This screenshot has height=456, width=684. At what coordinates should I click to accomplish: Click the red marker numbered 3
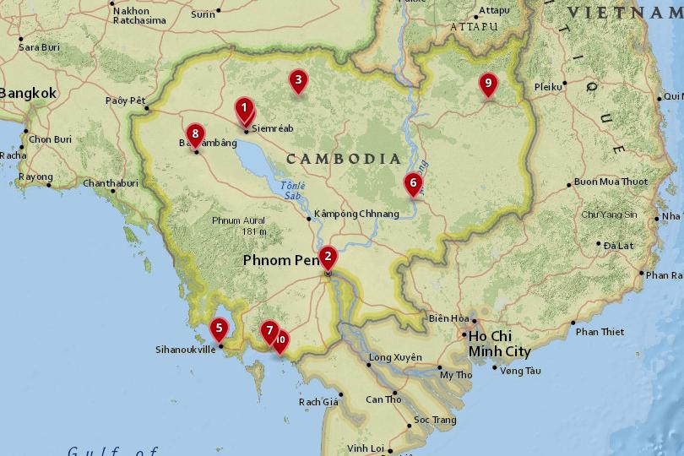(296, 81)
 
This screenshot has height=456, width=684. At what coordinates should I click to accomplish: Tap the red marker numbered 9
(486, 84)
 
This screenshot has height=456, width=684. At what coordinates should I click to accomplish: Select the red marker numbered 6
(412, 182)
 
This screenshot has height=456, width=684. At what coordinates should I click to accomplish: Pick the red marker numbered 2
(328, 256)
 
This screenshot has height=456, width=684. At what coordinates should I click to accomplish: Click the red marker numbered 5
(219, 328)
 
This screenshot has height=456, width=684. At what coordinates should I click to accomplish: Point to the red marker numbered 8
(195, 134)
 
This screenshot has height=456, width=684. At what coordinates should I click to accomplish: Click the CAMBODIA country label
(343, 159)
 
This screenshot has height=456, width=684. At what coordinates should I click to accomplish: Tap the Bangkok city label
(28, 94)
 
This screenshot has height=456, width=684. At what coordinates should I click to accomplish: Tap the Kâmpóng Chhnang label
(356, 214)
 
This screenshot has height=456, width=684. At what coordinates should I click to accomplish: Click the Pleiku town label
(548, 87)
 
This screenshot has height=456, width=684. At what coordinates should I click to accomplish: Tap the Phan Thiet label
(600, 332)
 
